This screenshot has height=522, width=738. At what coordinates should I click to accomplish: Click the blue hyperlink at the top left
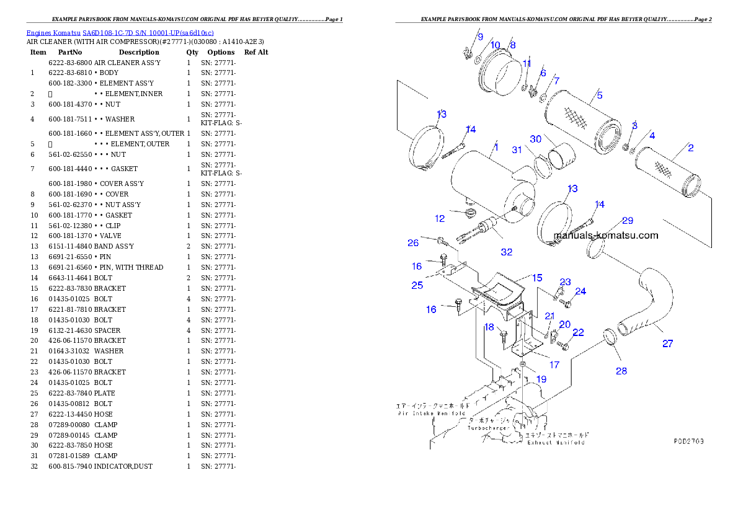120,33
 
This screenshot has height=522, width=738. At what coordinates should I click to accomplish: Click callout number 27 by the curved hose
667,343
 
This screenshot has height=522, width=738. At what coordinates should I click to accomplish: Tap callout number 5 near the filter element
600,95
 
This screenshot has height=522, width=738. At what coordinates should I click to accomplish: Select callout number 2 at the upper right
690,148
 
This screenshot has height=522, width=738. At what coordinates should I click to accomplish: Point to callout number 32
507,252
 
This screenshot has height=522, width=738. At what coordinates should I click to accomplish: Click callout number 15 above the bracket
536,278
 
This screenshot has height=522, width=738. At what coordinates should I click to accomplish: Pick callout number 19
541,379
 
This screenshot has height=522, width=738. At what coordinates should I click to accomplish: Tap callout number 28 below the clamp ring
621,371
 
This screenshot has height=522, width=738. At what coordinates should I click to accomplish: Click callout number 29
628,221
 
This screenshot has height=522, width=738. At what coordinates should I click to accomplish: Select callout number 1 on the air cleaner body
496,148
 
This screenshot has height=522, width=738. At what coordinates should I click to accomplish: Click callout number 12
440,218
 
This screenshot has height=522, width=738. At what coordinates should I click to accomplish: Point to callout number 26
413,243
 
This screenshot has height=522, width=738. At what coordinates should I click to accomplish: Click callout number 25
417,285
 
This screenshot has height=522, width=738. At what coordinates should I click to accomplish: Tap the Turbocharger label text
489,428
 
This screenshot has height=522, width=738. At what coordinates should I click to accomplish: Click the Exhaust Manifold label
556,443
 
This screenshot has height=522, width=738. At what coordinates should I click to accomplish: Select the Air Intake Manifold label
432,413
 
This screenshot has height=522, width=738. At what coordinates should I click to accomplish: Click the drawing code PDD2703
689,442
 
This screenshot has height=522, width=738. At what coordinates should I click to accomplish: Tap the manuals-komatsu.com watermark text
605,236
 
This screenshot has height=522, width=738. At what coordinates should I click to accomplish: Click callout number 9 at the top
480,37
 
